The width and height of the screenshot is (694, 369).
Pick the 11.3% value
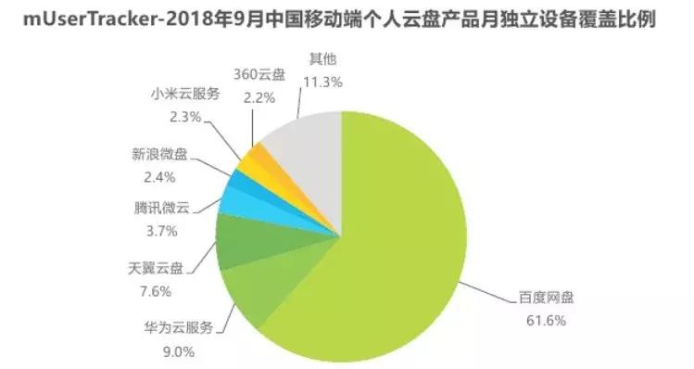[x=322, y=82]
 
